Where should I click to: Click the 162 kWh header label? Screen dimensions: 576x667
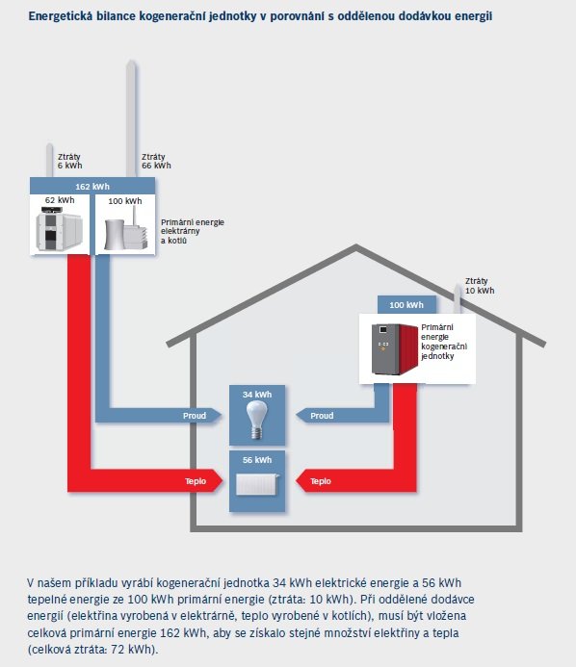click(x=92, y=187)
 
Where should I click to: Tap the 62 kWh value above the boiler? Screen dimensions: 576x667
click(x=60, y=200)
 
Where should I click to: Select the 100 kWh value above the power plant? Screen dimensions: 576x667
click(x=125, y=201)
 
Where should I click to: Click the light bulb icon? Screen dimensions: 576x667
click(x=257, y=420)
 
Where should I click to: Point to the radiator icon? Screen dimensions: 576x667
click(x=257, y=484)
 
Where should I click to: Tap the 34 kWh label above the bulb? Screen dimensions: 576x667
click(x=257, y=395)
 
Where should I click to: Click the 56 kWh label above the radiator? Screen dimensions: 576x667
click(x=257, y=460)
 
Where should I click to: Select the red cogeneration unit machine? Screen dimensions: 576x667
click(x=395, y=348)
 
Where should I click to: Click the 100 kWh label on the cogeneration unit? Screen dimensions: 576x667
click(x=406, y=305)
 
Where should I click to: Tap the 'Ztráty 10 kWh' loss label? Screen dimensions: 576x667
click(x=480, y=286)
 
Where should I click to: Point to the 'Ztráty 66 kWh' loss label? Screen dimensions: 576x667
click(x=156, y=162)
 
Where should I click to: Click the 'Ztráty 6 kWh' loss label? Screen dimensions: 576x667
click(x=69, y=162)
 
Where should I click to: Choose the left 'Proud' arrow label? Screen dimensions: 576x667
click(x=195, y=416)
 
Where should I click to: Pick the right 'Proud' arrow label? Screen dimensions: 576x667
click(x=322, y=416)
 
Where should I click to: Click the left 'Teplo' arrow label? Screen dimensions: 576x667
click(x=196, y=481)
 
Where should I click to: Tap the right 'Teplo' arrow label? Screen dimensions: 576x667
click(x=321, y=481)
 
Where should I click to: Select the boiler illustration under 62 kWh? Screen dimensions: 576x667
click(x=60, y=228)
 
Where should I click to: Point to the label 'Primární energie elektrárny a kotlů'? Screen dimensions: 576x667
click(x=193, y=231)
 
